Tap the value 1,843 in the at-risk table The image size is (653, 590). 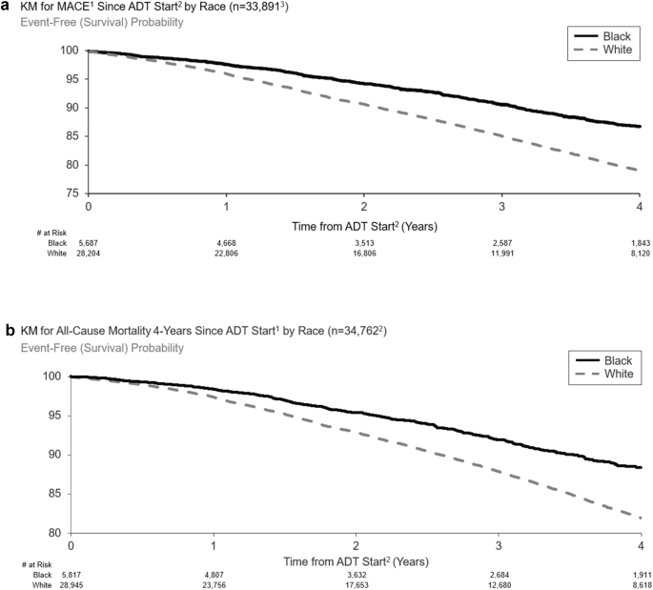(x=639, y=243)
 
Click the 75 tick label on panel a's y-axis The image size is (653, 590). (x=71, y=193)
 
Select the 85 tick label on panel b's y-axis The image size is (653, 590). (x=53, y=494)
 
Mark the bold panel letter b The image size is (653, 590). (x=9, y=331)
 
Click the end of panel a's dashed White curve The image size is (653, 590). (x=639, y=171)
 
